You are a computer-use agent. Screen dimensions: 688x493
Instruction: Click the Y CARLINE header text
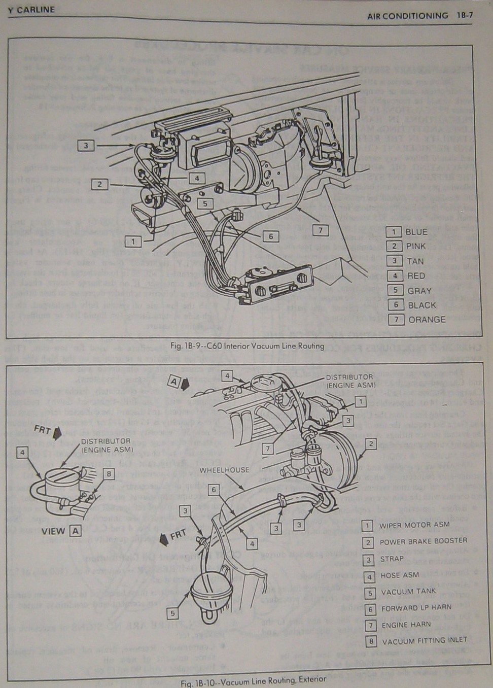coord(32,10)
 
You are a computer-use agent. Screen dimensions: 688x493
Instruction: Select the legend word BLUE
coord(416,232)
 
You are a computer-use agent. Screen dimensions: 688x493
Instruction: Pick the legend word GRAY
coord(419,291)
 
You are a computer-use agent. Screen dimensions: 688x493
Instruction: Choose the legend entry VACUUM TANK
coord(408,592)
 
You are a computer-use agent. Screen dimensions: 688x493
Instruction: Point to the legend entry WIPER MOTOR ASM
coord(414,526)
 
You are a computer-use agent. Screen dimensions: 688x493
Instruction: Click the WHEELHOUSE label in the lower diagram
coord(224,470)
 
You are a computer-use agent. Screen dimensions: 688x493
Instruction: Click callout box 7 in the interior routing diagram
coord(320,230)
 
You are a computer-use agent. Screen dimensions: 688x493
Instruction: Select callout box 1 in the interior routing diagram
coord(133,242)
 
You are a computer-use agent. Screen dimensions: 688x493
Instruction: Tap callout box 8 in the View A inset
coord(108,473)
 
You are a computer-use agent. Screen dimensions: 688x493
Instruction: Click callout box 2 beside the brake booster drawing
coord(371,444)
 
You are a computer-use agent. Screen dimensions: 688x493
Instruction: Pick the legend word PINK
coord(416,247)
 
